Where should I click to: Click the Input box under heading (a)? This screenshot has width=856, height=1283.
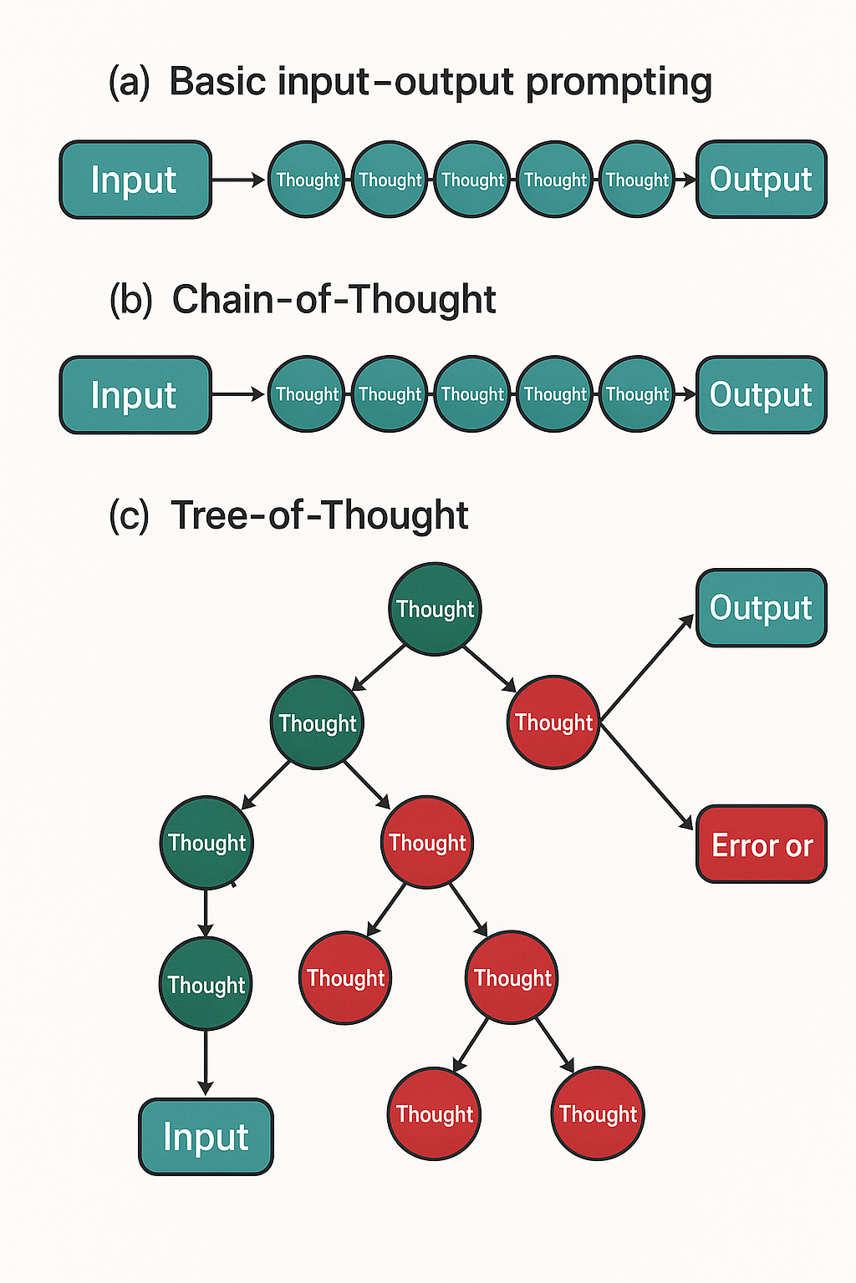[x=135, y=180]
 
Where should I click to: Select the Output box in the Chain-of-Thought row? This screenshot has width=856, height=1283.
[x=761, y=394]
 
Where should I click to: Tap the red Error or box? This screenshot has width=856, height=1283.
[x=761, y=844]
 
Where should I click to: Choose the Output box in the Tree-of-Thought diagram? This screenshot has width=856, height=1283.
[x=761, y=607]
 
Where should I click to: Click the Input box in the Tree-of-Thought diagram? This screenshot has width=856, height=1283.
[x=206, y=1137]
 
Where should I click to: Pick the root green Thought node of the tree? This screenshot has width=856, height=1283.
[x=435, y=609]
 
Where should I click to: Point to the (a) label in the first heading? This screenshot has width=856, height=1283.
[x=130, y=82]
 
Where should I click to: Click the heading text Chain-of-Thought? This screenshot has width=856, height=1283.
[x=334, y=299]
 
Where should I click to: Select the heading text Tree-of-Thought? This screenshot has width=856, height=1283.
[x=319, y=515]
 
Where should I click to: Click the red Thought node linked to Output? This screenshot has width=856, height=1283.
[x=553, y=723]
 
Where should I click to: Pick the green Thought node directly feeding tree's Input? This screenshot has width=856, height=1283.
[x=206, y=984]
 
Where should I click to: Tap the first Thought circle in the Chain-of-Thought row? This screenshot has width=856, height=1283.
[x=307, y=394]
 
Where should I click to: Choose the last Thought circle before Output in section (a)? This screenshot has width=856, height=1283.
[x=637, y=180]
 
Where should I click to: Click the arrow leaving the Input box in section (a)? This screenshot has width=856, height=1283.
[x=238, y=180]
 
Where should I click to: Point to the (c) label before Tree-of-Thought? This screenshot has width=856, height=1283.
[x=130, y=515]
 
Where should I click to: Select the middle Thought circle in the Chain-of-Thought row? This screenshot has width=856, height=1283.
[x=472, y=394]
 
